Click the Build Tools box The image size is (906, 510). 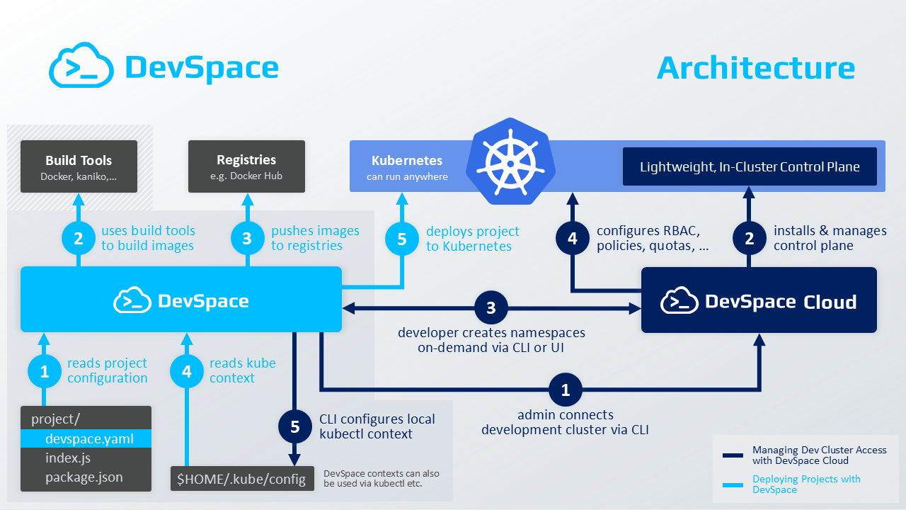pos(79,166)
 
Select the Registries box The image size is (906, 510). pos(246,166)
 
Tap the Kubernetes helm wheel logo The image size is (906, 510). pos(510,161)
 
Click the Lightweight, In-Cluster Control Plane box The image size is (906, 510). pos(750,167)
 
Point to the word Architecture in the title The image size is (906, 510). pos(756,68)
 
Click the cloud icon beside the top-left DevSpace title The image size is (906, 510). pos(81,66)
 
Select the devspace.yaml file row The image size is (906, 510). pos(86,438)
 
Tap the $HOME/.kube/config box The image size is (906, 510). pos(241,480)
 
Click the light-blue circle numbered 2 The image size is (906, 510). pos(79,239)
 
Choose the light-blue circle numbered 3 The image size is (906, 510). pos(246,239)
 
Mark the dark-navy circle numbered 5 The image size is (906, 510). pos(295,426)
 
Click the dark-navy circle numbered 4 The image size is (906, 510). pos(572,239)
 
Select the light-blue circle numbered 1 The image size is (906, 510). pos(45,370)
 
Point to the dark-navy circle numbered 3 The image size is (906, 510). pos(492,308)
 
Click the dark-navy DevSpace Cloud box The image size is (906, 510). pos(759,300)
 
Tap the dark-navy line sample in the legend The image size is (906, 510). pos(733,455)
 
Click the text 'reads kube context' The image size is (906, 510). pos(242,370)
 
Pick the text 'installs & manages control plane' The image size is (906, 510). pos(830,238)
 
